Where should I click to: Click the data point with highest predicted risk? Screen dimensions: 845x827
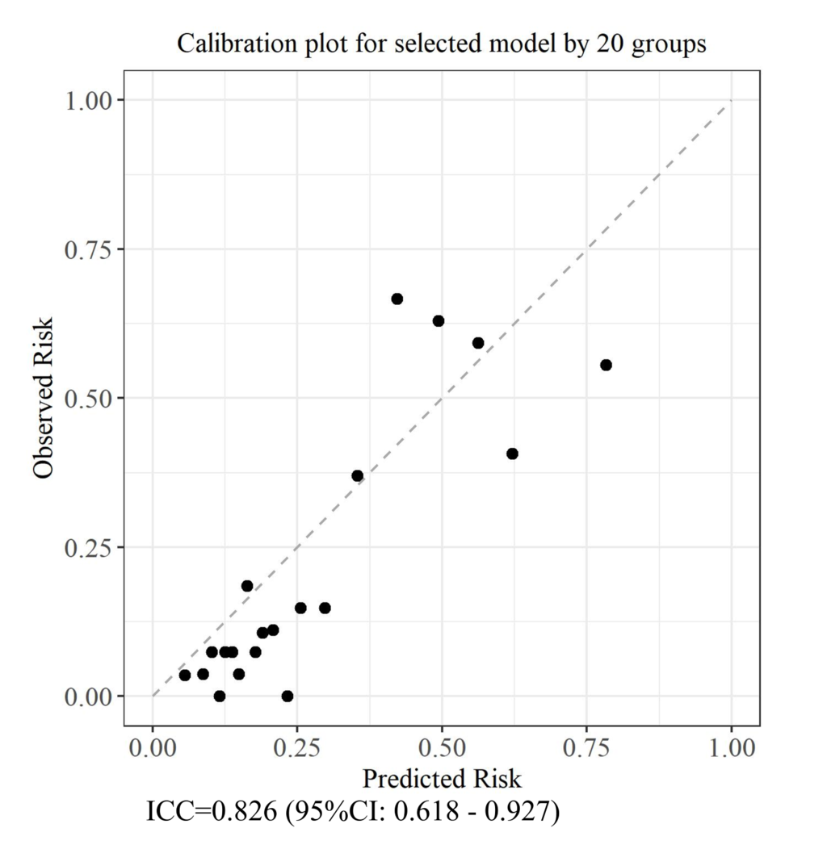pyautogui.click(x=606, y=365)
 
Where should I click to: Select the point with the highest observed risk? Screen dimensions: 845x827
pyautogui.click(x=397, y=299)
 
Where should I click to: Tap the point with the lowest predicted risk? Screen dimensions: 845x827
pyautogui.click(x=185, y=675)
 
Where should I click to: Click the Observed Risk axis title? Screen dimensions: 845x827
pyautogui.click(x=44, y=398)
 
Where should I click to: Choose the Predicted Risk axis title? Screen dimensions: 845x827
pyautogui.click(x=442, y=779)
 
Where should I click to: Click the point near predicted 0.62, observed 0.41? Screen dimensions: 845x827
pyautogui.click(x=512, y=454)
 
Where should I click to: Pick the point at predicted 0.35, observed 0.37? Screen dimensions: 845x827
pyautogui.click(x=357, y=475)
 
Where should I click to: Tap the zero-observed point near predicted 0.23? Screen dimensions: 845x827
pyautogui.click(x=287, y=696)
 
